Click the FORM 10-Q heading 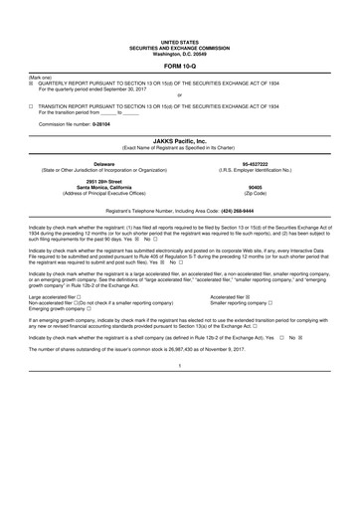tap(179, 66)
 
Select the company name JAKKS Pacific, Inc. tap(179, 143)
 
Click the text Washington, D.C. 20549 tap(179, 51)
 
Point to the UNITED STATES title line tap(179, 40)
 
